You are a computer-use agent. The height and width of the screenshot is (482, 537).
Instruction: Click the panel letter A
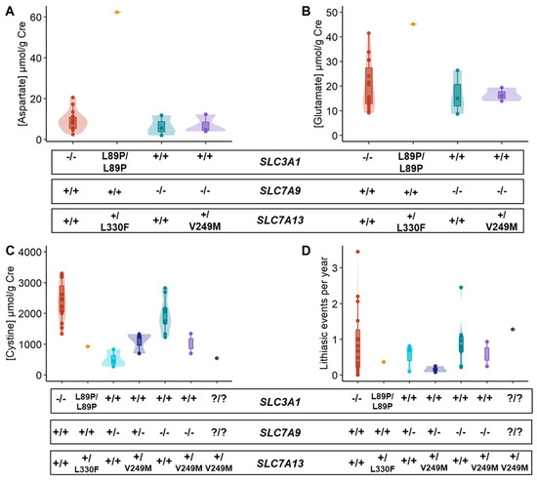(x=8, y=10)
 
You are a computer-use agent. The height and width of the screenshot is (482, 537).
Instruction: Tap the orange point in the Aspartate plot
(x=117, y=12)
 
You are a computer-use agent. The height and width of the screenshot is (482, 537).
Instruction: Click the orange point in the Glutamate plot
(x=385, y=23)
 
